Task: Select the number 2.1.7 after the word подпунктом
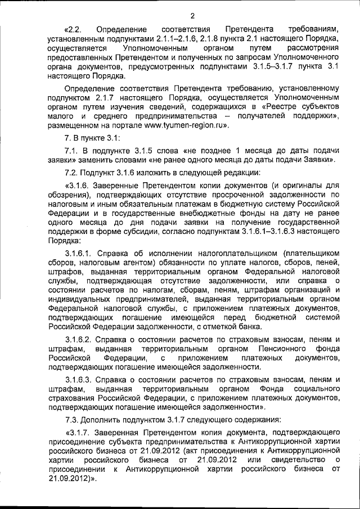coord(89,98)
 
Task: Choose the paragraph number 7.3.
coord(73,421)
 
